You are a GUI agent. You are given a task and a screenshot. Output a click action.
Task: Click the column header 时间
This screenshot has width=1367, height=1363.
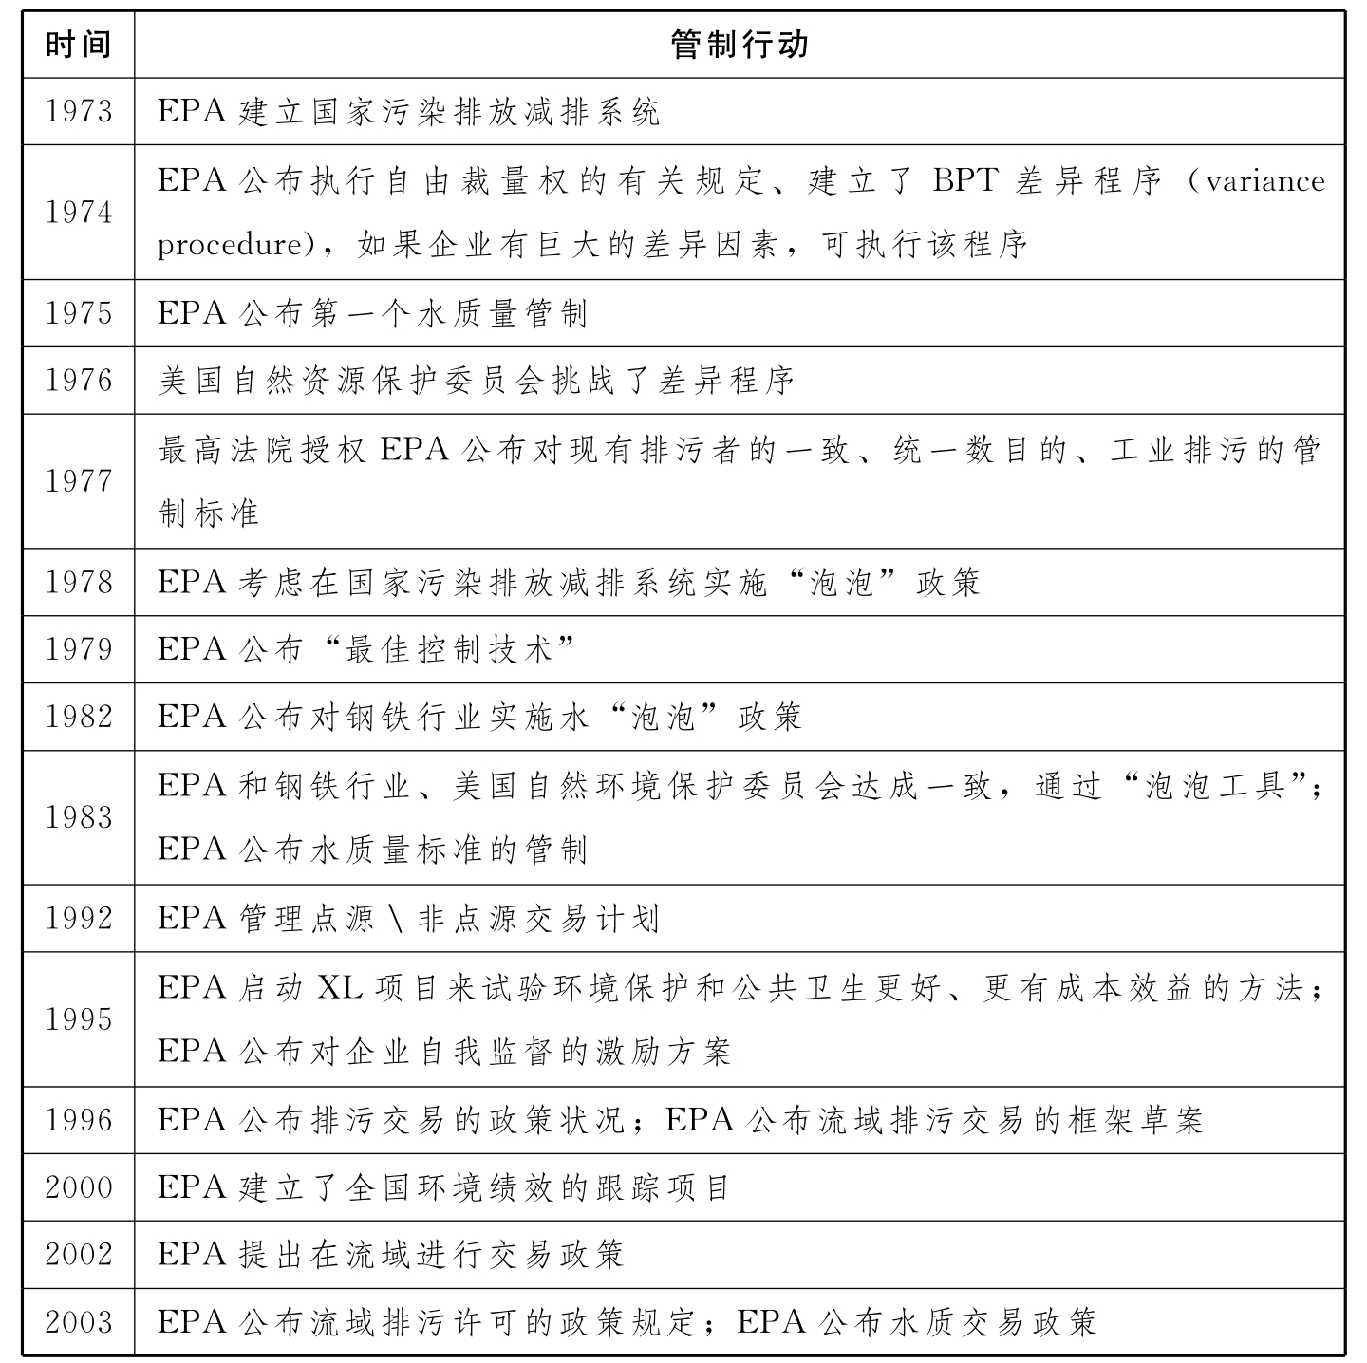78,45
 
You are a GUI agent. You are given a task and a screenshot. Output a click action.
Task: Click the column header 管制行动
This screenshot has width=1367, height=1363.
739,45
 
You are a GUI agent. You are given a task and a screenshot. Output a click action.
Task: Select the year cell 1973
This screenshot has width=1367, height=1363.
78,112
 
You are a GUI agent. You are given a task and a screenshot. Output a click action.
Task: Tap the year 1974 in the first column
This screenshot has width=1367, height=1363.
78,213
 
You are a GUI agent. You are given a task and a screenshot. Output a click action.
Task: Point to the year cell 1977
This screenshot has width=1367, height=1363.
78,481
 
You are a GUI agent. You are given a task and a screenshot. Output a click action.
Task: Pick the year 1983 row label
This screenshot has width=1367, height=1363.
78,817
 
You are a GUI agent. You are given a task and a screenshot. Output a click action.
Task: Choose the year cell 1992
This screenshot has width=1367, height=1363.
78,919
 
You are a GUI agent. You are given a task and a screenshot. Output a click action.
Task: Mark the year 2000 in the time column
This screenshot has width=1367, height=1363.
78,1187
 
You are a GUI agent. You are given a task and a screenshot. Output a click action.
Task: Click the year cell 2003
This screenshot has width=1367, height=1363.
78,1322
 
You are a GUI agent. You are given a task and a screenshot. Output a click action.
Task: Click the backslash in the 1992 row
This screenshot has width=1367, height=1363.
396,919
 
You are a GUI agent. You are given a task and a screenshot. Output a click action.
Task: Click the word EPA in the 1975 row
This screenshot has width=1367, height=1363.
192,313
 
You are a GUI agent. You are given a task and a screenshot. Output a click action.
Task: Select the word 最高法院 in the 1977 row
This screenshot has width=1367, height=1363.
228,450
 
